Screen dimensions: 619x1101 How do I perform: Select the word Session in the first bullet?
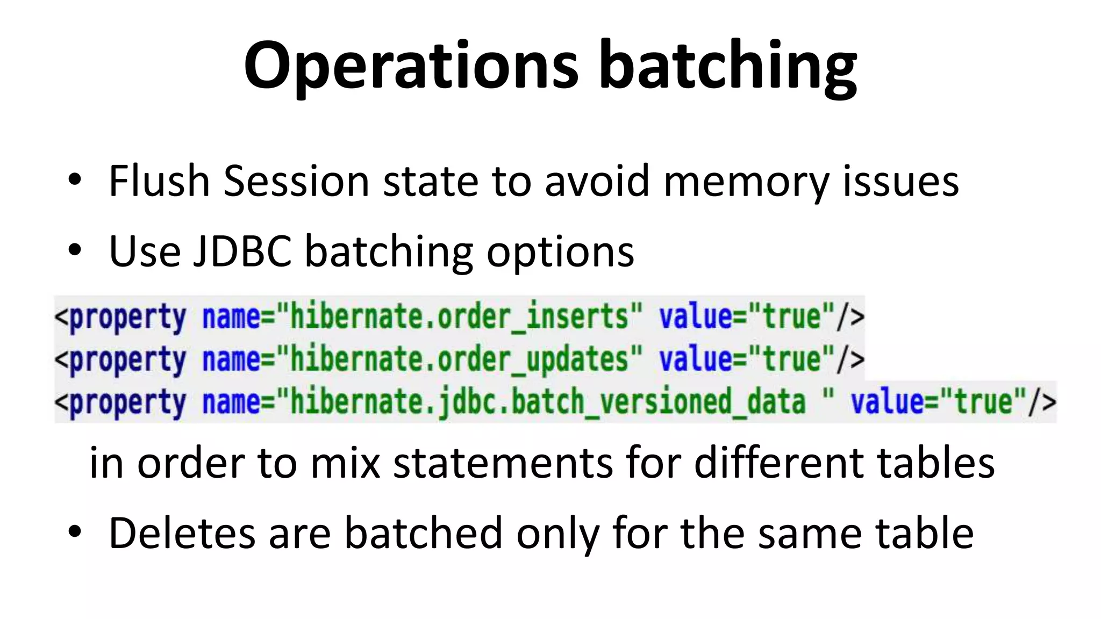click(x=296, y=181)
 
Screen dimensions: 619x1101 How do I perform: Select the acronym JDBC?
click(x=242, y=251)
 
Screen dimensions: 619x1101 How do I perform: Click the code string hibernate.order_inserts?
click(x=459, y=316)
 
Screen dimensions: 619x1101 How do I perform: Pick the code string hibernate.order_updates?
click(x=459, y=359)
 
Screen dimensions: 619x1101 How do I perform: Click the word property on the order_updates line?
click(x=128, y=359)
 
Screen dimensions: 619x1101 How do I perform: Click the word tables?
click(x=936, y=463)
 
